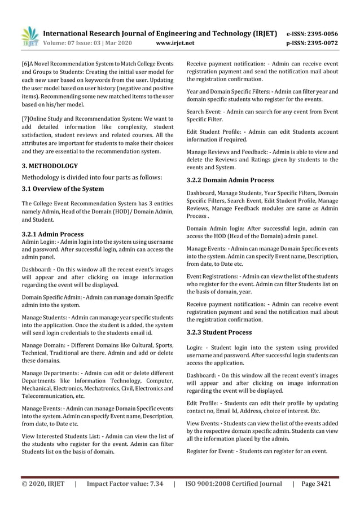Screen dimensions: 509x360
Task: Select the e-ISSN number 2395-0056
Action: click(320, 33)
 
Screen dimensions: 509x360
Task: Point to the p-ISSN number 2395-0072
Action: click(320, 42)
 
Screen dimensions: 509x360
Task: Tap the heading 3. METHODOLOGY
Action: click(50, 166)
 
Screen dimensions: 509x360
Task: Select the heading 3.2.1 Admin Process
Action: click(52, 234)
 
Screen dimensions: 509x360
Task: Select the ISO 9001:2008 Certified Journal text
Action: click(234, 484)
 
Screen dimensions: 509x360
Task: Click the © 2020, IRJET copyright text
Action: click(43, 484)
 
